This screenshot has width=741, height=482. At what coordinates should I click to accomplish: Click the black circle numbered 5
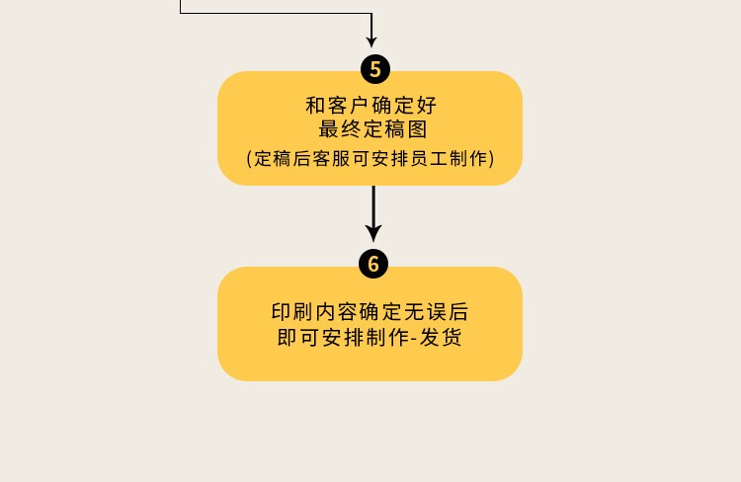tap(373, 69)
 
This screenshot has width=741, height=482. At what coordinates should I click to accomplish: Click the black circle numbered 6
tap(373, 264)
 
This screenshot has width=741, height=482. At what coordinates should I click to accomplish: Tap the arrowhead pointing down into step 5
tap(371, 41)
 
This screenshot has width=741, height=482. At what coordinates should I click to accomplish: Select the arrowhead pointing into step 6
tap(373, 233)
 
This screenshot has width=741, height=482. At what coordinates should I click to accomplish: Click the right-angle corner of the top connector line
tap(371, 14)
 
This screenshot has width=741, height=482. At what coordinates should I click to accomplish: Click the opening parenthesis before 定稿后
tap(249, 158)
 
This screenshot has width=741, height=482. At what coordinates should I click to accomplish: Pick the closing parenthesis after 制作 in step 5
tap(491, 158)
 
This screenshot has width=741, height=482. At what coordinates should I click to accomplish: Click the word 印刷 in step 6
tap(293, 312)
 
